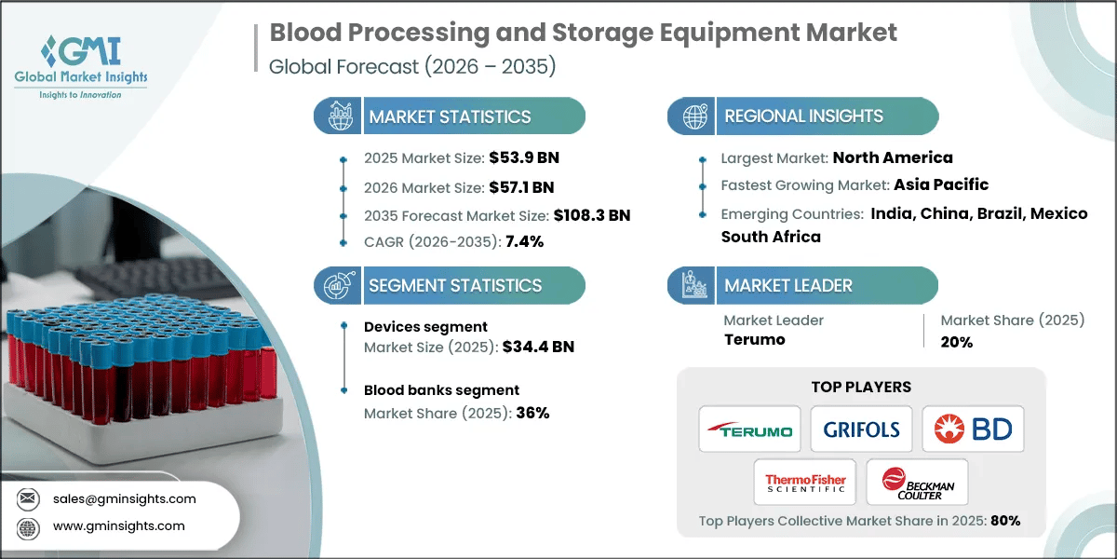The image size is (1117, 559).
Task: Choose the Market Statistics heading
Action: tap(450, 116)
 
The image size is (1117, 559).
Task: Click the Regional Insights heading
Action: tap(803, 116)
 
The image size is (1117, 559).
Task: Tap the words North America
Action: tap(893, 157)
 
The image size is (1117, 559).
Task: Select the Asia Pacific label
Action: tap(941, 184)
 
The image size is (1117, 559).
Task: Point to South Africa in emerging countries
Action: tap(771, 237)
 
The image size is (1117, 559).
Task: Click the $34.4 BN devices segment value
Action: tap(538, 347)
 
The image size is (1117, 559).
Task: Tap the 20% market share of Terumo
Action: tap(956, 342)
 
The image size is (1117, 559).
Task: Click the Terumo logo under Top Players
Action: tap(749, 429)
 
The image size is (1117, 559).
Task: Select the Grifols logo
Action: tap(861, 429)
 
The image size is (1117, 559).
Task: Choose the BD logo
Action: tap(973, 429)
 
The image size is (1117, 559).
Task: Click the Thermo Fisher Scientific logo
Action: tap(805, 483)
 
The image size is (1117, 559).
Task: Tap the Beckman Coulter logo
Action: tap(917, 483)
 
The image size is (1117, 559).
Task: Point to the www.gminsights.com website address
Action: tap(119, 526)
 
